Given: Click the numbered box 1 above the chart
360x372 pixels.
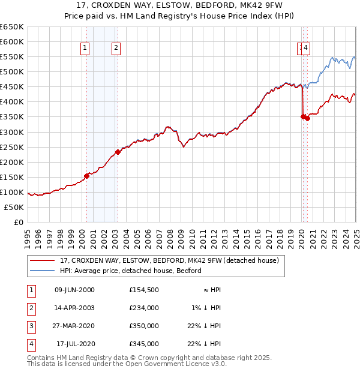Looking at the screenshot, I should point(85,49).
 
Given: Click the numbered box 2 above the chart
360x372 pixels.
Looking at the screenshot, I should point(115,49).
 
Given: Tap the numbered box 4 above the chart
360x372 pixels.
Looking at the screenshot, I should point(306,49).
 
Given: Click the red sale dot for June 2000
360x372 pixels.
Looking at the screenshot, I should point(87,176).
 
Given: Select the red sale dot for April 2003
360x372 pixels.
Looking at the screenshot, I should point(118,152).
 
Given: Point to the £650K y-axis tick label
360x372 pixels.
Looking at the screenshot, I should point(12,27).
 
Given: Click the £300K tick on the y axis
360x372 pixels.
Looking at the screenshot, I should point(12,132).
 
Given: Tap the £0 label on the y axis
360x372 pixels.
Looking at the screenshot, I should point(18,222).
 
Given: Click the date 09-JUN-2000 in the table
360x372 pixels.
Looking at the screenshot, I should point(74,290).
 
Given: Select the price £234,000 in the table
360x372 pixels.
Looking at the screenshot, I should point(144,308).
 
